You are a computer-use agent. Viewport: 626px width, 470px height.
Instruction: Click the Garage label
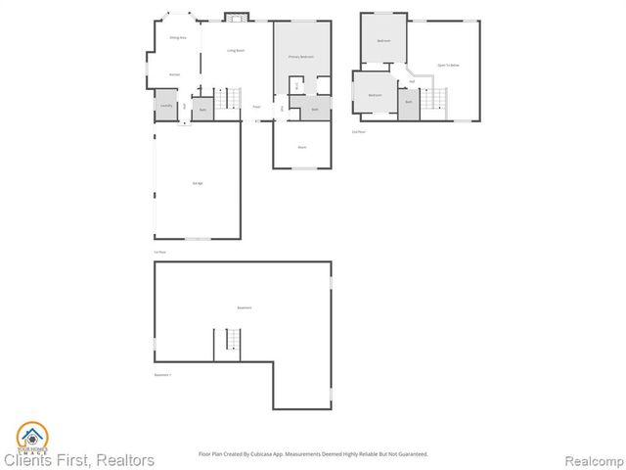[197, 184]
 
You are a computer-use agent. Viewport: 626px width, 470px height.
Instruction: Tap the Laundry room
[165, 106]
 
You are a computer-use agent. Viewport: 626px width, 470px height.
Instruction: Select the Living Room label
[236, 50]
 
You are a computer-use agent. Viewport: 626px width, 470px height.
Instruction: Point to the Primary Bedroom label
[300, 58]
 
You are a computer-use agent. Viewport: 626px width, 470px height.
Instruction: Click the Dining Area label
[178, 37]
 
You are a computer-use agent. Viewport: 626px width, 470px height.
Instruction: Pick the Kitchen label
[174, 74]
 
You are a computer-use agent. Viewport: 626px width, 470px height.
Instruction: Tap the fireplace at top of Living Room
[236, 16]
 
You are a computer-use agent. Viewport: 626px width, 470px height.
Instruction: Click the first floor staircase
[231, 98]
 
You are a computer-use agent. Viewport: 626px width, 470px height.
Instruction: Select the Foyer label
[256, 107]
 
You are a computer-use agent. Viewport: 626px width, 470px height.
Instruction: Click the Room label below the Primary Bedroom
[302, 147]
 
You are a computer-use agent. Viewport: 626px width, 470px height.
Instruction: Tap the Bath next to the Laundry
[202, 110]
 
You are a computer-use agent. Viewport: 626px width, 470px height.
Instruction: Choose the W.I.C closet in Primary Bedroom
[295, 84]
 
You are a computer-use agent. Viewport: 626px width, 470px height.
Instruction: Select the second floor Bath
[408, 102]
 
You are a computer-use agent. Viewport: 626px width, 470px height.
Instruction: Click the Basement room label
[244, 307]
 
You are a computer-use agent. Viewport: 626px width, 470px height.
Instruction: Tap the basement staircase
[233, 341]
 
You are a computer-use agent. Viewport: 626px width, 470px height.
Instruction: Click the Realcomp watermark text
[597, 460]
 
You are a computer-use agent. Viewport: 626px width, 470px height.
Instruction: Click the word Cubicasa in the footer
[265, 453]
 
